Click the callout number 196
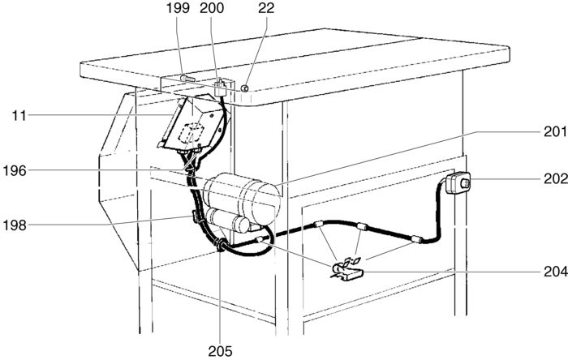[x=16, y=170]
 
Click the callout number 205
[x=219, y=351]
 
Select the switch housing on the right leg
[x=458, y=183]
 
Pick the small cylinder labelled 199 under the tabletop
[x=187, y=79]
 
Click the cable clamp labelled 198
[x=195, y=216]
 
